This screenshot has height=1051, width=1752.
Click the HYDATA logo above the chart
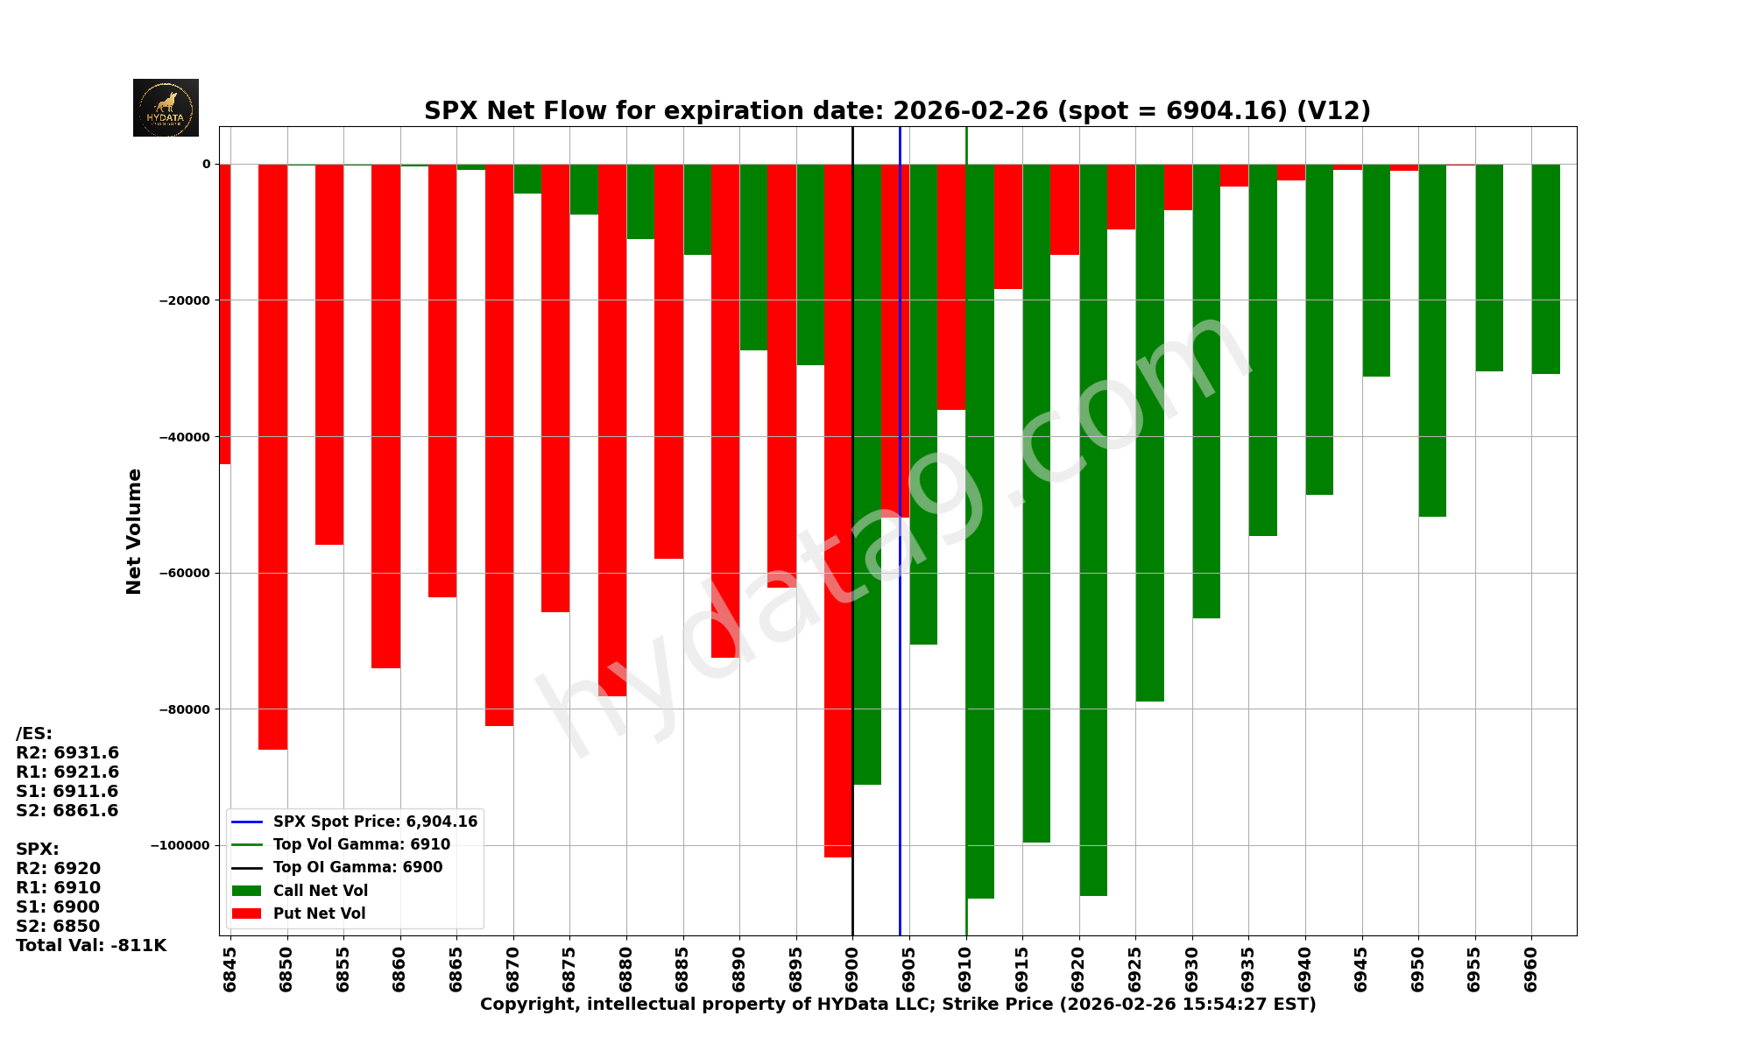(x=166, y=108)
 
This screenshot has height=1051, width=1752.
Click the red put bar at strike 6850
(x=272, y=455)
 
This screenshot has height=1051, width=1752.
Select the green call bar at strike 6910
(x=980, y=525)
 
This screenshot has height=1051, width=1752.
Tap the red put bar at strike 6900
(x=837, y=508)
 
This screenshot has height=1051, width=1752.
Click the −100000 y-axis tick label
(x=180, y=845)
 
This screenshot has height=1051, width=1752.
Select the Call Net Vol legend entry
(x=320, y=891)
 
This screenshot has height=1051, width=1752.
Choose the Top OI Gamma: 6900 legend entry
(x=357, y=868)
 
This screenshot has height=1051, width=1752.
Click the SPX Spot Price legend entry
(x=374, y=822)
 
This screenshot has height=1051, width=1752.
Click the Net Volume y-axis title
(x=134, y=531)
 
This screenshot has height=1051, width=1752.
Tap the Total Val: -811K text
(x=91, y=946)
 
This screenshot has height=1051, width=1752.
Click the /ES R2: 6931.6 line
(x=67, y=753)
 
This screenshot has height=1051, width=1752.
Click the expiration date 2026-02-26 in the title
(x=970, y=111)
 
